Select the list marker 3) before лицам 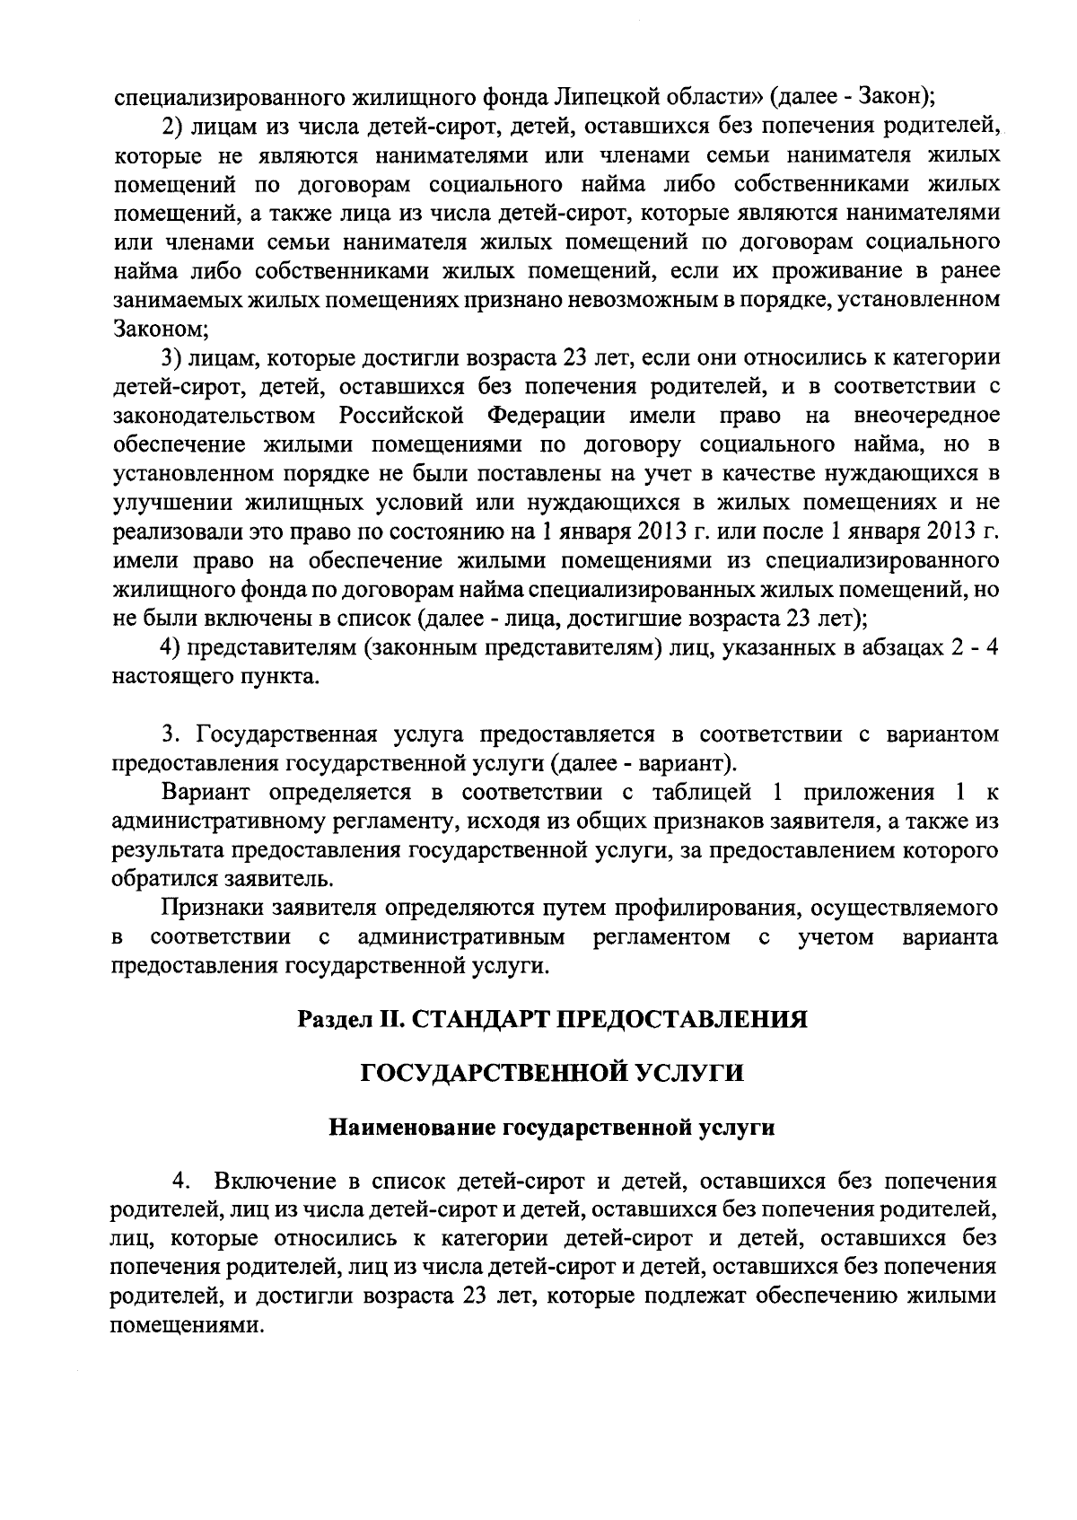[172, 358]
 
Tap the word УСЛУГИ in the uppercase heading [694, 1073]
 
